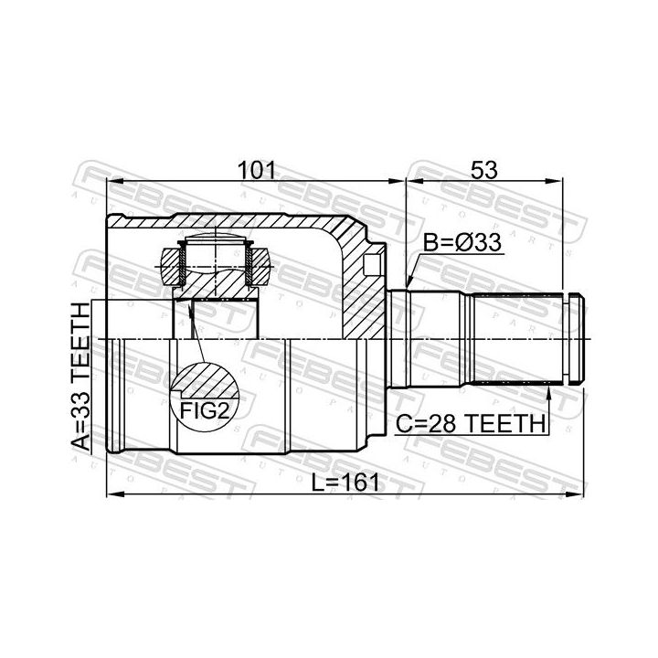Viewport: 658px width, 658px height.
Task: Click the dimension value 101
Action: pos(257,170)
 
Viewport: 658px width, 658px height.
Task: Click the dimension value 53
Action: pos(483,170)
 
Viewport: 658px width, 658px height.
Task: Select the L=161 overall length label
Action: pos(345,483)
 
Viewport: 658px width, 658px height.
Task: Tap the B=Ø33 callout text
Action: pos(462,242)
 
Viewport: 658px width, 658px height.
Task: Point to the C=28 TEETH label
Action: pos(471,423)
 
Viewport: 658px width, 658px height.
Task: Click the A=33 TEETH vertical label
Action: pos(81,377)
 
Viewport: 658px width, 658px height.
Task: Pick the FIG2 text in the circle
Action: pos(205,411)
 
